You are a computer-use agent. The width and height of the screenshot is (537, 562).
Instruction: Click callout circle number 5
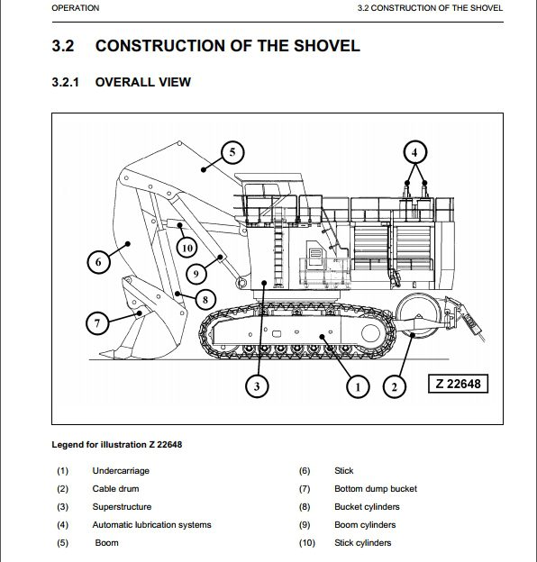coord(232,153)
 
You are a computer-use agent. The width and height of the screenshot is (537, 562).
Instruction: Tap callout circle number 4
coord(414,153)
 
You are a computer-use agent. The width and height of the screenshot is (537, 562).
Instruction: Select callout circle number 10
coord(187,248)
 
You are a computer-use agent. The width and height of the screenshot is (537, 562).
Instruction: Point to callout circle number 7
coord(97,323)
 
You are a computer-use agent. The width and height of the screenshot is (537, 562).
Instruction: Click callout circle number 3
coord(257,386)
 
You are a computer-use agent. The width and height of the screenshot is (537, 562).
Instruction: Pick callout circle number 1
coord(358,386)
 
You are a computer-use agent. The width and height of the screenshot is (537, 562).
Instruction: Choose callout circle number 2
coord(395,386)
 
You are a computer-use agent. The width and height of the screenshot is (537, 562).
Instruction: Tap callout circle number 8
coord(205,299)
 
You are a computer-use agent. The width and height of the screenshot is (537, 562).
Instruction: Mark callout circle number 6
coord(98,262)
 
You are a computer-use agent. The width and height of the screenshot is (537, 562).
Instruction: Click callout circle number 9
coord(196,274)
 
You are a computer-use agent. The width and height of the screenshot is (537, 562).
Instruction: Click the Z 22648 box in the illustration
coord(458,384)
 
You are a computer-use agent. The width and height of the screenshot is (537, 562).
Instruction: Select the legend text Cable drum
coord(115,489)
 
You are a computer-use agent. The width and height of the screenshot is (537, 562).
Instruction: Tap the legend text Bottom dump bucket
coord(376,489)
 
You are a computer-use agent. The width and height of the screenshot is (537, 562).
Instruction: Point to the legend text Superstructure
coord(122,507)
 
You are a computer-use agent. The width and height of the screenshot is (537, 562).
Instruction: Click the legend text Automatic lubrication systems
coord(151,525)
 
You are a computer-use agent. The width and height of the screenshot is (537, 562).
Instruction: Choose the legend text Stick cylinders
coord(363,543)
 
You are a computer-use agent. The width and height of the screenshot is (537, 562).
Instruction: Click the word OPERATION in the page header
coord(76,8)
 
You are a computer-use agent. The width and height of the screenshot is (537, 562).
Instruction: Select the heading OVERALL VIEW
coord(143,82)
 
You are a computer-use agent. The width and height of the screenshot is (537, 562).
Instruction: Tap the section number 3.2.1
coord(65,82)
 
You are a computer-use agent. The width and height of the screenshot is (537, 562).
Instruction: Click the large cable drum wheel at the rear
coord(418,316)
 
